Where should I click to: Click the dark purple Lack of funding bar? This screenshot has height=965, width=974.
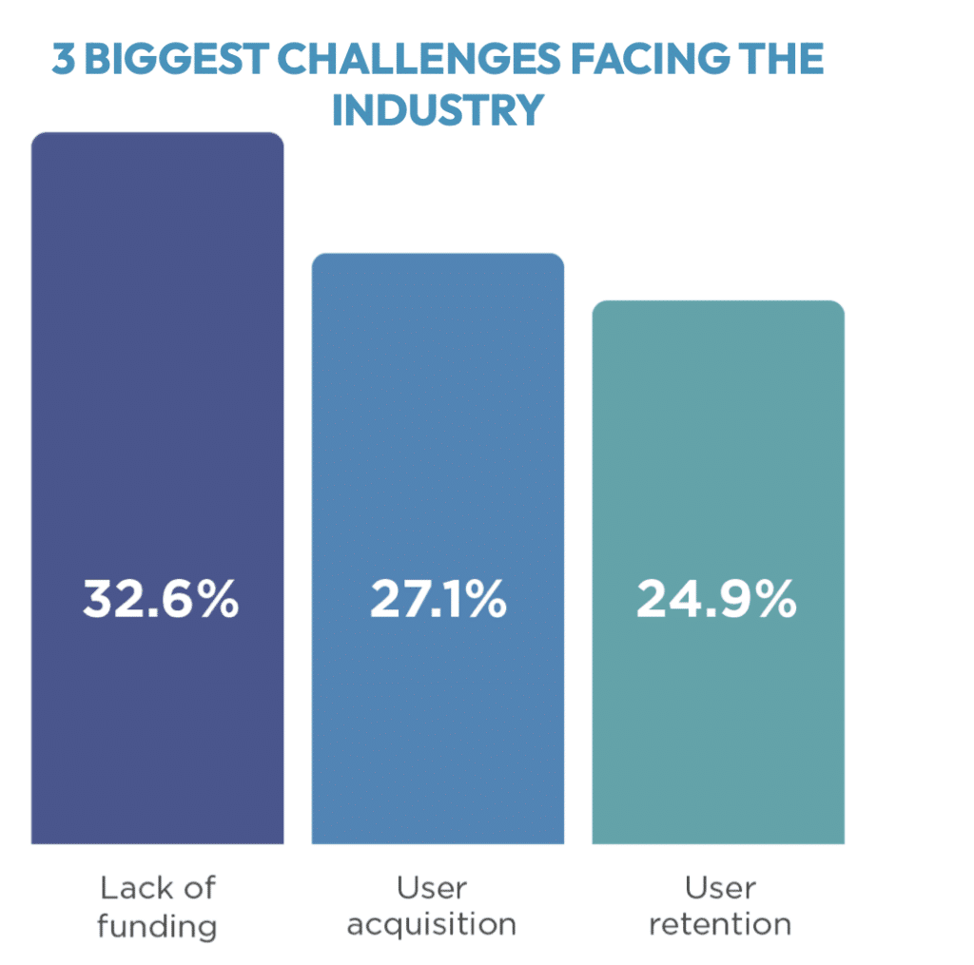[157, 488]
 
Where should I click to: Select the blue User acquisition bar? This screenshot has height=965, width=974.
[438, 549]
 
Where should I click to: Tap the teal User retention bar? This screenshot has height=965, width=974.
[718, 572]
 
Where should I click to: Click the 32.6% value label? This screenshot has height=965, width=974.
[161, 599]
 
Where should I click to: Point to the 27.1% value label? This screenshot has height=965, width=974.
[438, 599]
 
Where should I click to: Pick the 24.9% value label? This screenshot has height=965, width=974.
[716, 599]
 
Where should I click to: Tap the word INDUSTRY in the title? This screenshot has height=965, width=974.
[438, 110]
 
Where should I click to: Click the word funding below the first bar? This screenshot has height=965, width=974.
[157, 927]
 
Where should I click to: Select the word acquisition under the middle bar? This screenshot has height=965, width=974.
[432, 925]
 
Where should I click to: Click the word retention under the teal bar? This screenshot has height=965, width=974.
[720, 924]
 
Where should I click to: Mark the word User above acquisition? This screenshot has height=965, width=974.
[432, 888]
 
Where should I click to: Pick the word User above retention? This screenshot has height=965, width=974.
[721, 888]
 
